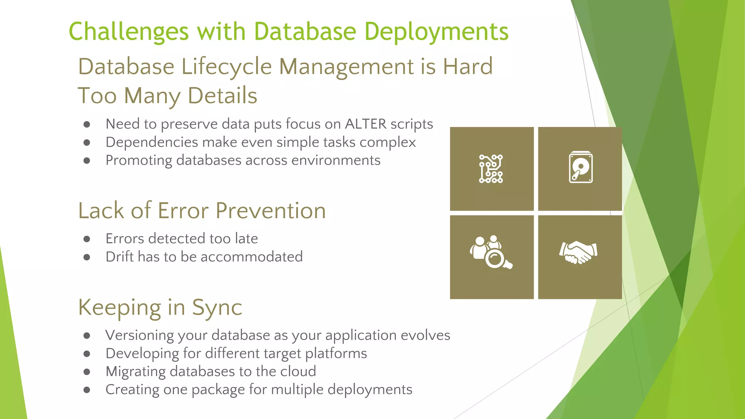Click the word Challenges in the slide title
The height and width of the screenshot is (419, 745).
point(128,32)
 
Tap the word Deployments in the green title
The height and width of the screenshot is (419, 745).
point(436,32)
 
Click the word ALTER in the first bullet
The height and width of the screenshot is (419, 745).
point(366,124)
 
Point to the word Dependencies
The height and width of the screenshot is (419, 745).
point(151,142)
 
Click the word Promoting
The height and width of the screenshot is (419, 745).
point(139,160)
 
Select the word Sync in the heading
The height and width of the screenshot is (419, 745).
point(217,307)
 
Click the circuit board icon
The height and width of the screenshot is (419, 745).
point(491,169)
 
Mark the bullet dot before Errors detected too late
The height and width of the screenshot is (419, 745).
point(87,239)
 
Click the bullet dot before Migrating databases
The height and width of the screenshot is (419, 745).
point(87,372)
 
